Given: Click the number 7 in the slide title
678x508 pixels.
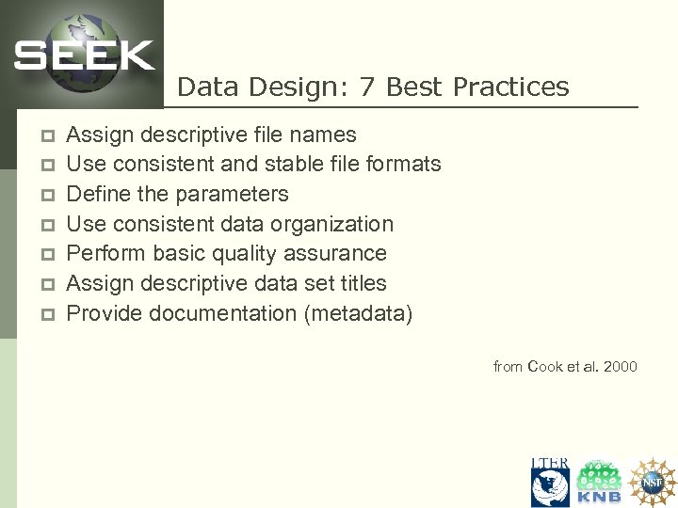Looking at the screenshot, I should tap(368, 87).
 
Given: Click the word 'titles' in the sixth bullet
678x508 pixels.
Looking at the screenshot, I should tap(360, 283).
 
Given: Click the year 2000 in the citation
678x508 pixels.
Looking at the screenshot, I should tap(621, 366).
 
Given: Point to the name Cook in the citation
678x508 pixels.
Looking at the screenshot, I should tap(544, 366).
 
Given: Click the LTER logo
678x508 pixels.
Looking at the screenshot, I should tap(550, 482).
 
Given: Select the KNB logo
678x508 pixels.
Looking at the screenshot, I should tap(599, 483).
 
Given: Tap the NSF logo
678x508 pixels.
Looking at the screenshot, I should tap(652, 481).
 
